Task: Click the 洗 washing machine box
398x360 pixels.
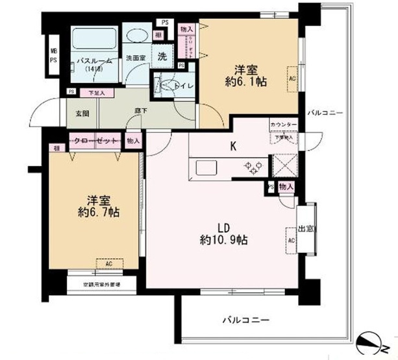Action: click(161, 56)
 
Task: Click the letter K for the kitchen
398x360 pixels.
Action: click(232, 146)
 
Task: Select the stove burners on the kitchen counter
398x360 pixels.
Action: click(252, 167)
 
